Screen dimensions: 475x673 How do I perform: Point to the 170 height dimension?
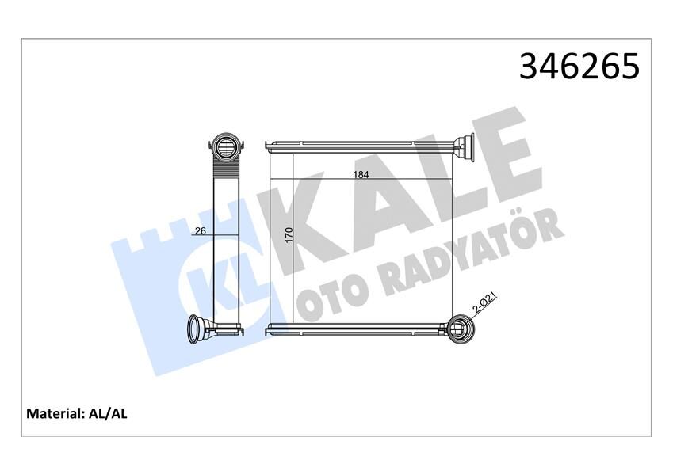click(289, 234)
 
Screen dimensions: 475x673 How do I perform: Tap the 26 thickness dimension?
click(200, 231)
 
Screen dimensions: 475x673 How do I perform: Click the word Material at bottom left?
click(55, 413)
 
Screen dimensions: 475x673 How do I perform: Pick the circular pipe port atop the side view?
click(224, 146)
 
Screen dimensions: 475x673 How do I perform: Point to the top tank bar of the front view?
click(361, 146)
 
